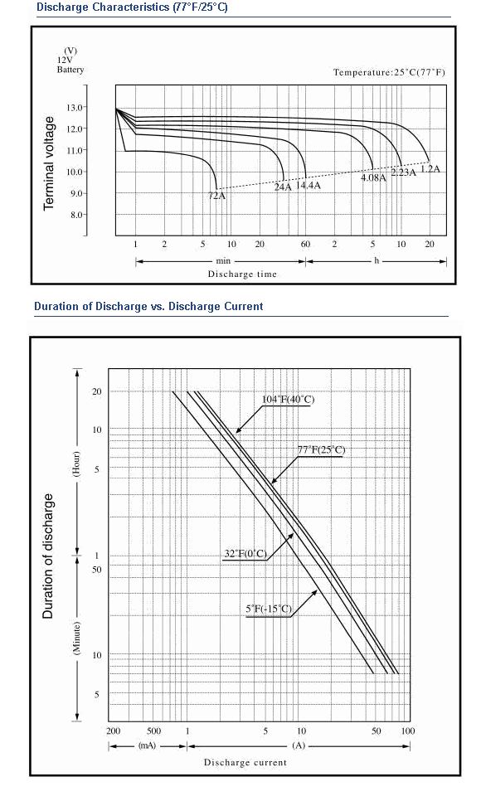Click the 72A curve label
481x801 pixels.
tap(216, 195)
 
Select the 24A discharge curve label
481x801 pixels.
tap(283, 187)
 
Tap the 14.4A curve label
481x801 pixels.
tap(309, 185)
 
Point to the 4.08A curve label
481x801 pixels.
tap(373, 177)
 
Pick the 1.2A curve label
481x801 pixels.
tap(430, 169)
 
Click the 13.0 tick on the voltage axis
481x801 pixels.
tap(75, 107)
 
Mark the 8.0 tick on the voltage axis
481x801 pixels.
tap(77, 215)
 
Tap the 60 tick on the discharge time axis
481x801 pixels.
tap(305, 244)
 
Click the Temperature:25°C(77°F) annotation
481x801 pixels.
tap(389, 72)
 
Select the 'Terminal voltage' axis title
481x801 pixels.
tap(49, 163)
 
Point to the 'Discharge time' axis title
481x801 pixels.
tap(242, 274)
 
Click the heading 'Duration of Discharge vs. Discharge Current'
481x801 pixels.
tap(148, 307)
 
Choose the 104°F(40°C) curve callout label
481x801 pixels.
tap(289, 399)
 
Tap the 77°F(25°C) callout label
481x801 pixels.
tap(321, 450)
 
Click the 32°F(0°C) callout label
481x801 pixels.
tap(245, 554)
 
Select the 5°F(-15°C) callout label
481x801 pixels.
tap(269, 609)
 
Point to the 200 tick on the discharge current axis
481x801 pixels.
tap(114, 731)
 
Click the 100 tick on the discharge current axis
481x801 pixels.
tap(408, 731)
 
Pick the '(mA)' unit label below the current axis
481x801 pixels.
tap(147, 745)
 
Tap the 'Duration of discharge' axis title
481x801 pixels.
tap(48, 556)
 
